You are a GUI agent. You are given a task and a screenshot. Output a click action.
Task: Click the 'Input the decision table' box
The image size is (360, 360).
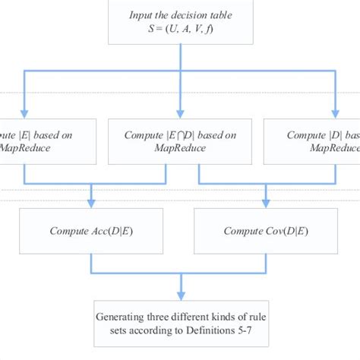[180, 23]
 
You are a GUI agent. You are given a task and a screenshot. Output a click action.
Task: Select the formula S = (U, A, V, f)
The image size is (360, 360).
[180, 30]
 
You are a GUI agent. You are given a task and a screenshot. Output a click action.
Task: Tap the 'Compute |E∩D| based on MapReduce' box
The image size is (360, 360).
[179, 141]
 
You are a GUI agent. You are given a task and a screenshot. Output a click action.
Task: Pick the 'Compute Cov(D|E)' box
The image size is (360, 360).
[266, 231]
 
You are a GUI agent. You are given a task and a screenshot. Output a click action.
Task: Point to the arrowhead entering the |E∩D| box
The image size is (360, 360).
[180, 114]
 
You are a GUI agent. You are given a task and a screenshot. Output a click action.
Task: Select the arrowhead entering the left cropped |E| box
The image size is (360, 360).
[26, 114]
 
